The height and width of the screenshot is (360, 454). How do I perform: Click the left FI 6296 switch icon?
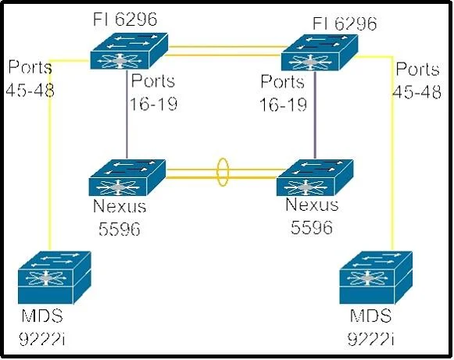click(129, 51)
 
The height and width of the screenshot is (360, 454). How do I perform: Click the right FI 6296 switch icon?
click(320, 52)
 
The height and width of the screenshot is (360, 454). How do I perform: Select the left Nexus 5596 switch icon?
click(127, 177)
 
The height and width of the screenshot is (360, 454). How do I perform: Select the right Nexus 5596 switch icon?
click(315, 177)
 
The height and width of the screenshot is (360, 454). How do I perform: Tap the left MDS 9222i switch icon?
click(55, 277)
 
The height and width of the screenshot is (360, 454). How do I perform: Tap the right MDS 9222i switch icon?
click(376, 277)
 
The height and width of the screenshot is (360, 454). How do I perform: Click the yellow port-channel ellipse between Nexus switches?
click(223, 172)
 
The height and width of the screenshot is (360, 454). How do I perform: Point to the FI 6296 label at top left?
click(125, 20)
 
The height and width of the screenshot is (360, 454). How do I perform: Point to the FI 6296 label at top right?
click(345, 23)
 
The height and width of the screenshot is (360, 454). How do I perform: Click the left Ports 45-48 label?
click(30, 78)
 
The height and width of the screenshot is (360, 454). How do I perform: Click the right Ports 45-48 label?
click(417, 80)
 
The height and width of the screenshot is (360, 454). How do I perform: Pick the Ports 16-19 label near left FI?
click(153, 92)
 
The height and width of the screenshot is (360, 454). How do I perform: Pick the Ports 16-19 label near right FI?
click(283, 93)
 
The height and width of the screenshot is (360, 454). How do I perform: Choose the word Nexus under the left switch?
click(120, 206)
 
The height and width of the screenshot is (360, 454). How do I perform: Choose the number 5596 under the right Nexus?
click(312, 227)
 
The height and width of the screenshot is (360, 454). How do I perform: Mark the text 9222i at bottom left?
click(42, 338)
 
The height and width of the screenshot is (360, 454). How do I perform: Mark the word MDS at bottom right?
click(370, 315)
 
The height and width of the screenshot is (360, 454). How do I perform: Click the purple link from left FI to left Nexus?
click(127, 114)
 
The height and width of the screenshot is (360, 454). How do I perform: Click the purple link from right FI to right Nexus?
click(315, 115)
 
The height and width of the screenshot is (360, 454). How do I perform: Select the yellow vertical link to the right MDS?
click(392, 153)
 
